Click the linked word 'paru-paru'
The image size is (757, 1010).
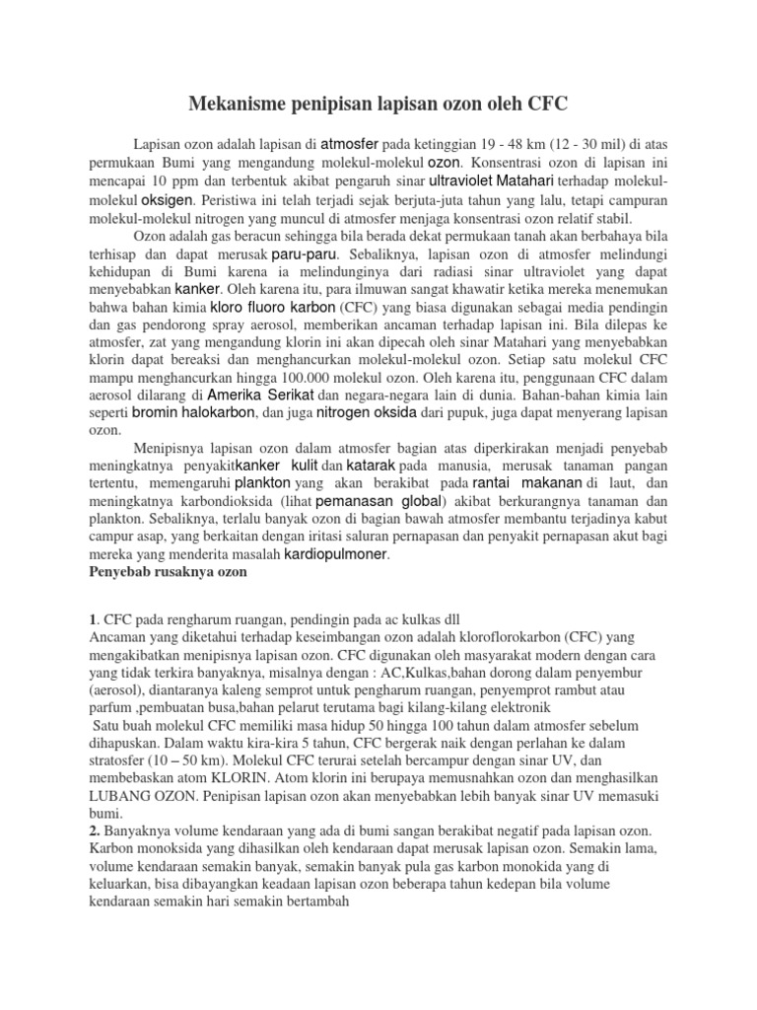299,253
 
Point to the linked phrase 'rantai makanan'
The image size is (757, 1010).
526,483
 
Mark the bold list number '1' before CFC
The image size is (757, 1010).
93,618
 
